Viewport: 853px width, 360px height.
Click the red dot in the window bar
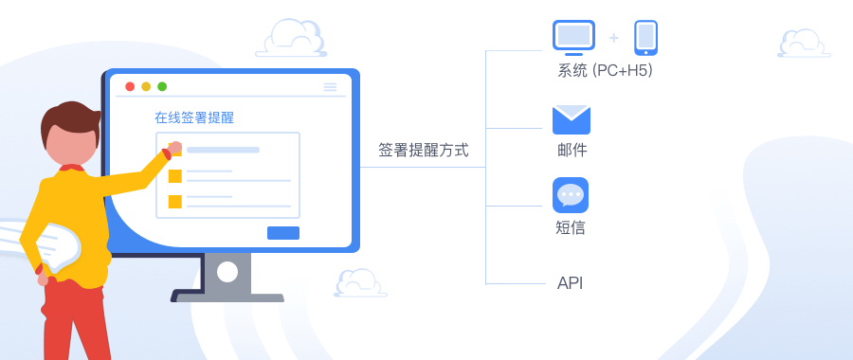[131, 86]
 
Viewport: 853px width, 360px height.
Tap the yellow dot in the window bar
[146, 86]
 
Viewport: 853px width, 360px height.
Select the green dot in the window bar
[162, 86]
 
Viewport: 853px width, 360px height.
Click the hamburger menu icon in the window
[330, 86]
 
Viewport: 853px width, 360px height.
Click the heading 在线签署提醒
[194, 118]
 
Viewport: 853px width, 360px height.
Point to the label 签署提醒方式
[423, 150]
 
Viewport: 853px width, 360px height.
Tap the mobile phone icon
[645, 38]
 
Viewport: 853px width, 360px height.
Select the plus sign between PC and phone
[614, 38]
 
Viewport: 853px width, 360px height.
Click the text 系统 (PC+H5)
[605, 70]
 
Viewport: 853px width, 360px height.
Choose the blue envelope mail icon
[572, 119]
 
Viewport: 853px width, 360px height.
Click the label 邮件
[572, 150]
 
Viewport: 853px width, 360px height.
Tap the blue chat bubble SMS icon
[571, 194]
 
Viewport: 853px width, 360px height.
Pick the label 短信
[571, 227]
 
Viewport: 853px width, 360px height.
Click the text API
[570, 283]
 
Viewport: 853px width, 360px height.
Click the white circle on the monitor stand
[227, 273]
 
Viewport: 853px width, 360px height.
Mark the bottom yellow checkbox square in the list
[174, 201]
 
